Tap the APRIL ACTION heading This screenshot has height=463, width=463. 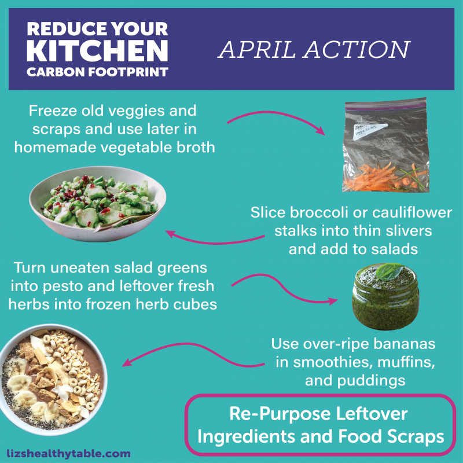click(x=314, y=50)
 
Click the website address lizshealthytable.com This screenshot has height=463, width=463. click(x=69, y=454)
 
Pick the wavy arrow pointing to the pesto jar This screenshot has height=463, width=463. click(x=284, y=289)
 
